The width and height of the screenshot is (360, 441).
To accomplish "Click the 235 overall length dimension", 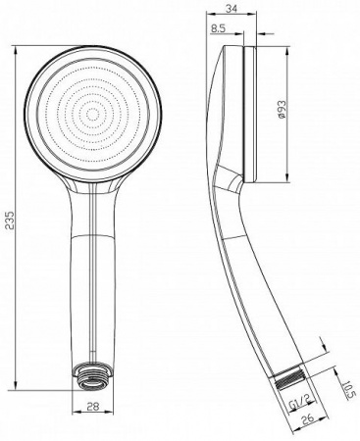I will [10, 220].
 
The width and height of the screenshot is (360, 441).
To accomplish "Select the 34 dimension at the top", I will [232, 10].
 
